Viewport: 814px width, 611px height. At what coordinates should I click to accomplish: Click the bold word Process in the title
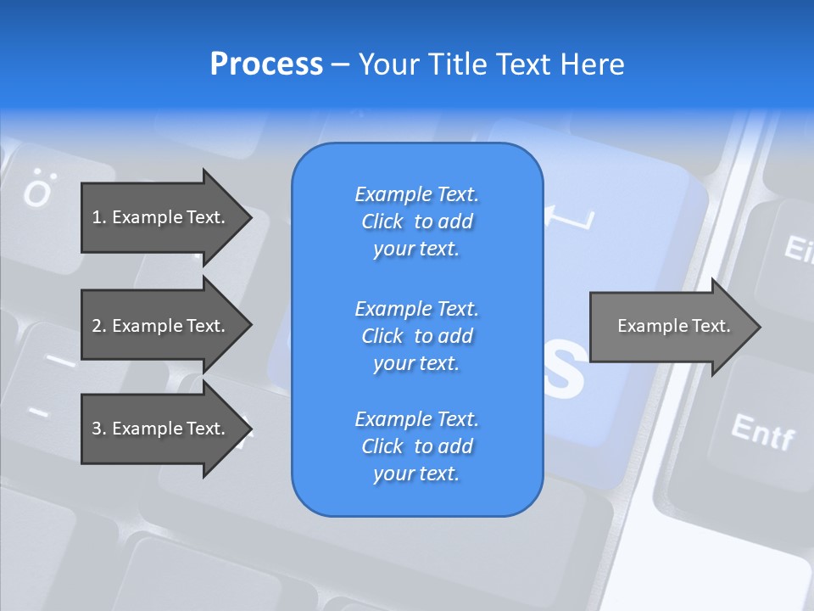coord(266,64)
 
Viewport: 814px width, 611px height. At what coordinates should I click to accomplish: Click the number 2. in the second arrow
coord(98,326)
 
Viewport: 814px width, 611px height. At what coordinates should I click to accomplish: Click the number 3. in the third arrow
coord(98,429)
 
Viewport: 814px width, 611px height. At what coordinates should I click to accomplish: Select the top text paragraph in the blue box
coord(416,221)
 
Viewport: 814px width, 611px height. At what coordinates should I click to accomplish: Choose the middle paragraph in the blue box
coord(416,336)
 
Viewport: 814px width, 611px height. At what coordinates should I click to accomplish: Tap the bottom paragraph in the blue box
coord(416,446)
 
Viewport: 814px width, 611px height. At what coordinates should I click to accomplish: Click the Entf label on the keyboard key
coord(762,433)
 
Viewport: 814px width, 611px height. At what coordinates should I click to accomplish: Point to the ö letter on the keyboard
coord(37,191)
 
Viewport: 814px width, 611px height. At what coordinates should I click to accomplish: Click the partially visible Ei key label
coord(798,249)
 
